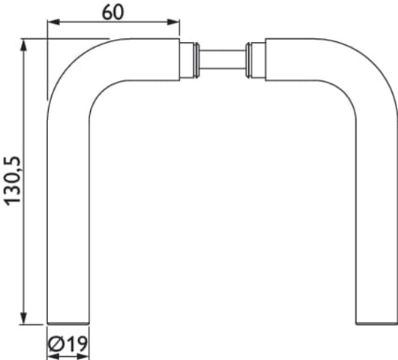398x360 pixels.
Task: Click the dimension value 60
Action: [113, 13]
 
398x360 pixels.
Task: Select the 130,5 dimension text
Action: [12, 181]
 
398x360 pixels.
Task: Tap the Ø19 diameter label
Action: [68, 343]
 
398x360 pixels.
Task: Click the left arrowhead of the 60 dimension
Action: [53, 22]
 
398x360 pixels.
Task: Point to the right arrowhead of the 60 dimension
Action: [173, 22]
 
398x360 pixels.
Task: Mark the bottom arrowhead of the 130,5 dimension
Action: [23, 318]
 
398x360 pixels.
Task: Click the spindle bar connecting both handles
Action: [222, 60]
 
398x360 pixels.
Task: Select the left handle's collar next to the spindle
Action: [187, 60]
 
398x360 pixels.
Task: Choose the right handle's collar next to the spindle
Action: [258, 60]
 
